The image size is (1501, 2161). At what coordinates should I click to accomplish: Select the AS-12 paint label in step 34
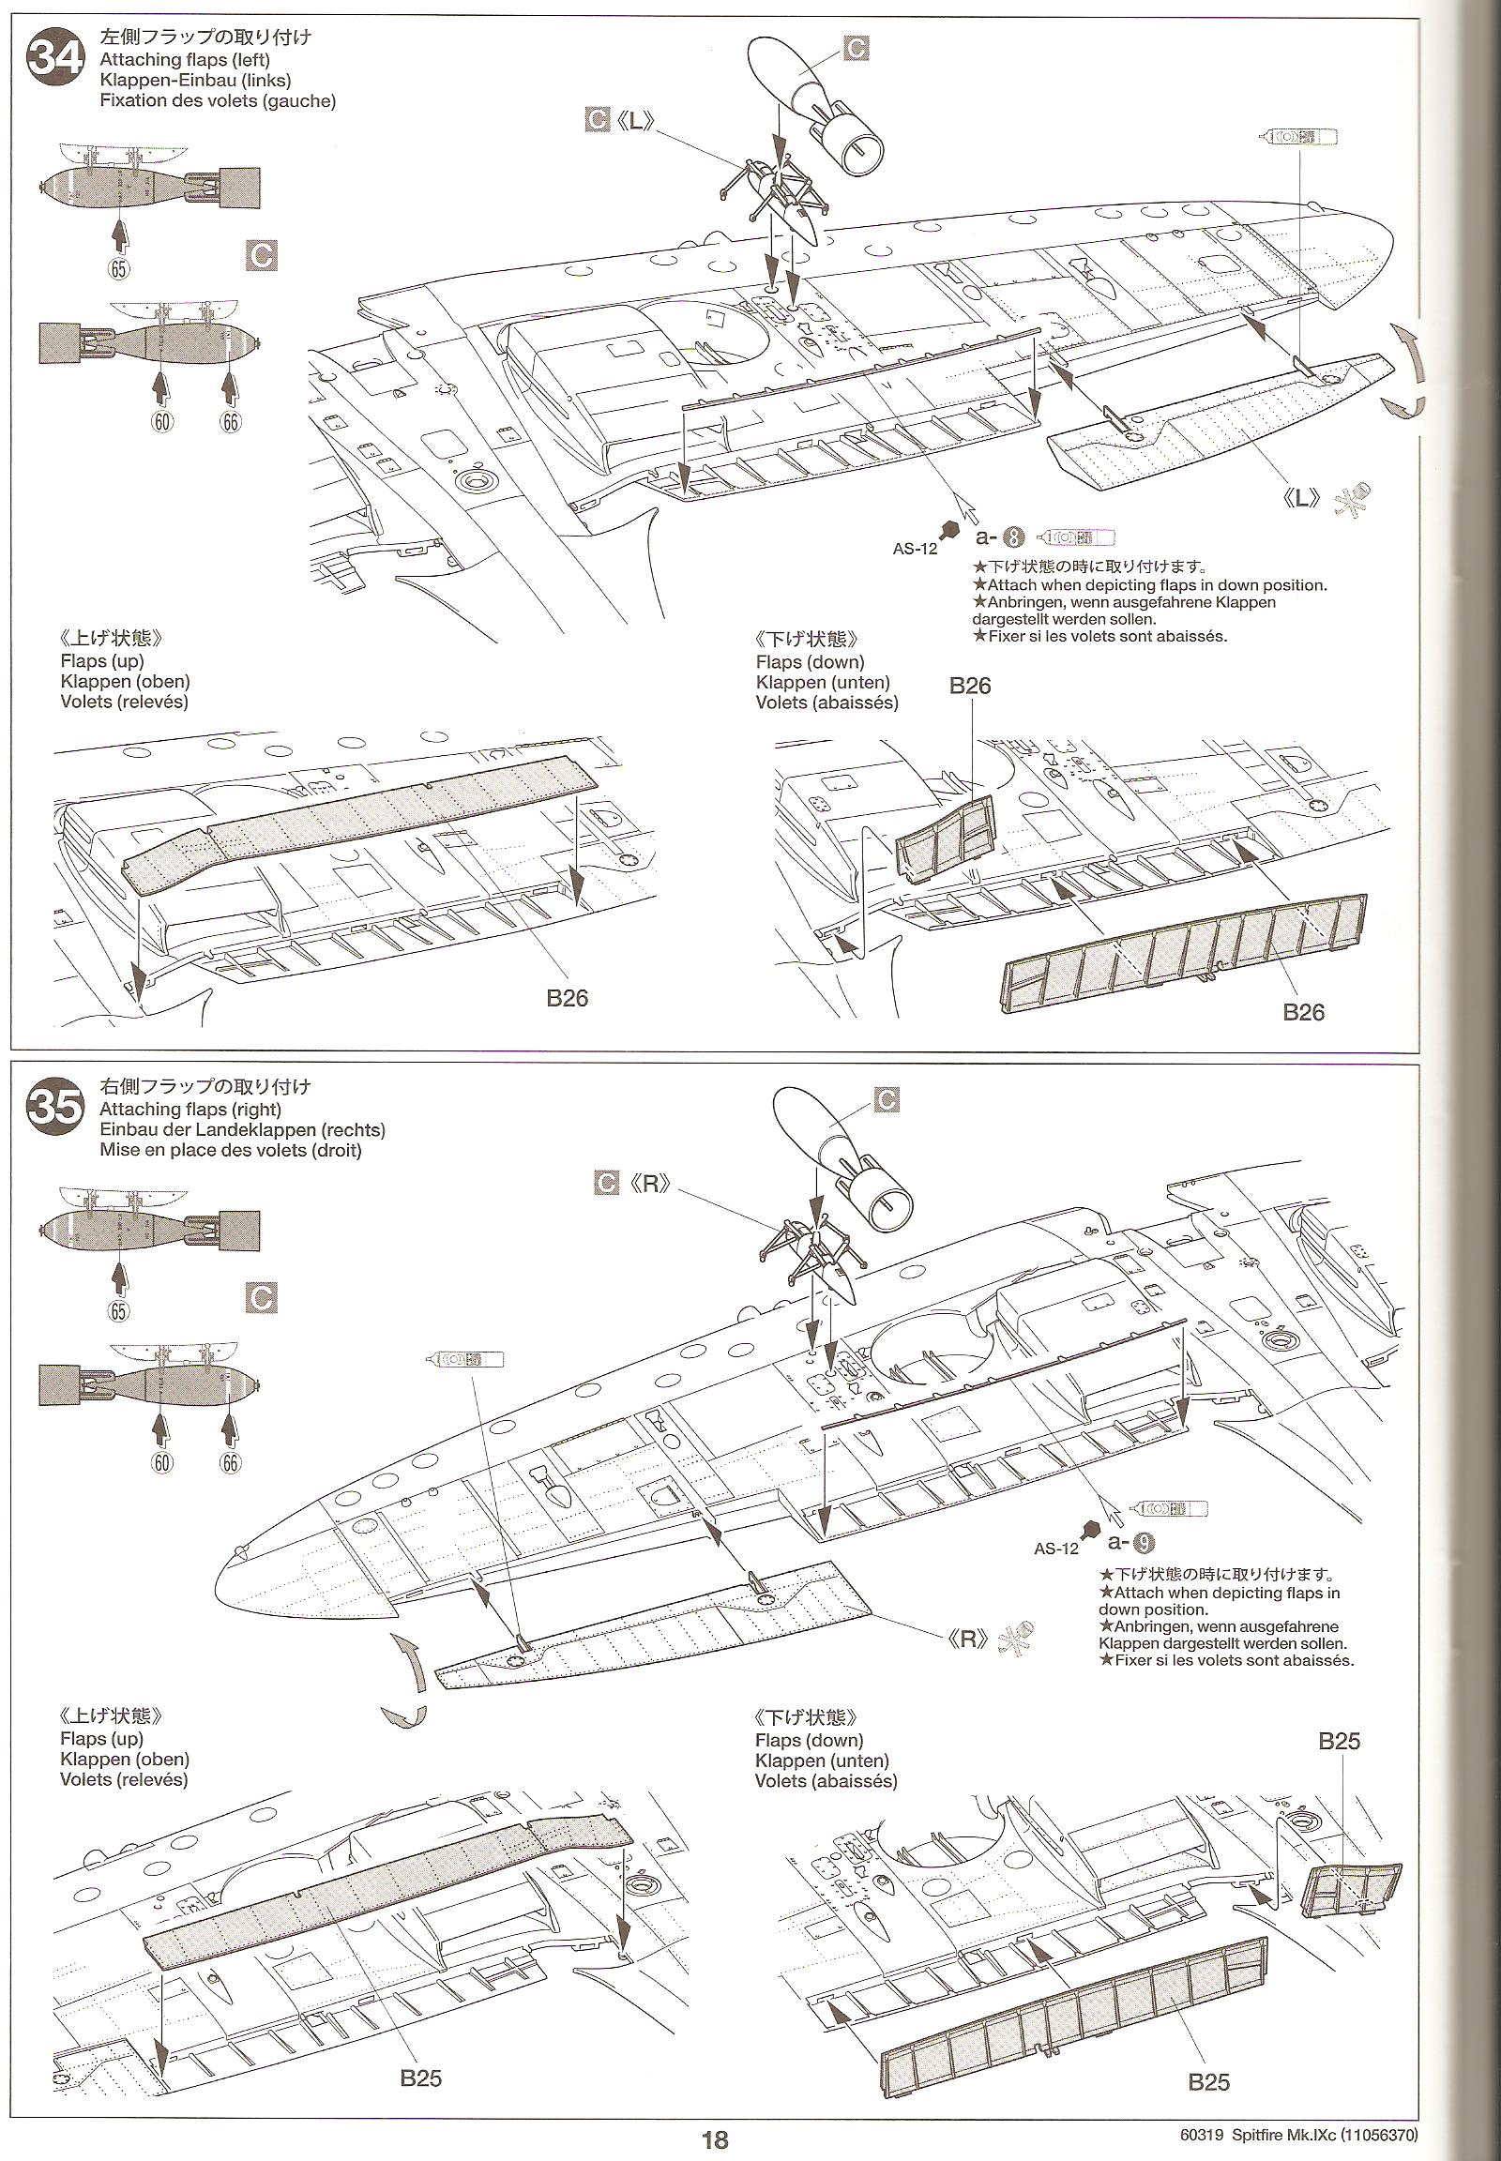[915, 549]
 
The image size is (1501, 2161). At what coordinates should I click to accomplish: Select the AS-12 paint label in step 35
[1056, 1548]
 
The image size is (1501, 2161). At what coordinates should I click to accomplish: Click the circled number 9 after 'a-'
[1144, 1541]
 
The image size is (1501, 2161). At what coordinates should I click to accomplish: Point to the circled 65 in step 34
[117, 269]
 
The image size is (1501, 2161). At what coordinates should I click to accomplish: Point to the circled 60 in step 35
[161, 1461]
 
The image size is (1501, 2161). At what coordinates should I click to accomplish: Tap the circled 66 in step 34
[231, 422]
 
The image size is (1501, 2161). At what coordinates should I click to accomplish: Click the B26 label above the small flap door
[970, 686]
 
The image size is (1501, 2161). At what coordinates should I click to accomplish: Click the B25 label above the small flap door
[1340, 1741]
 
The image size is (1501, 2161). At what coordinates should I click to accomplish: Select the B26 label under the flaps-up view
[568, 998]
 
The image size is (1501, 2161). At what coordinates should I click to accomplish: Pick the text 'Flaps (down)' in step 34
[810, 662]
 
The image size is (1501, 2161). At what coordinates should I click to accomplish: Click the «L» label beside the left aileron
[1302, 499]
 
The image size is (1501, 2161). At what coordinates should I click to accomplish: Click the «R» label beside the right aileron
[967, 1642]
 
